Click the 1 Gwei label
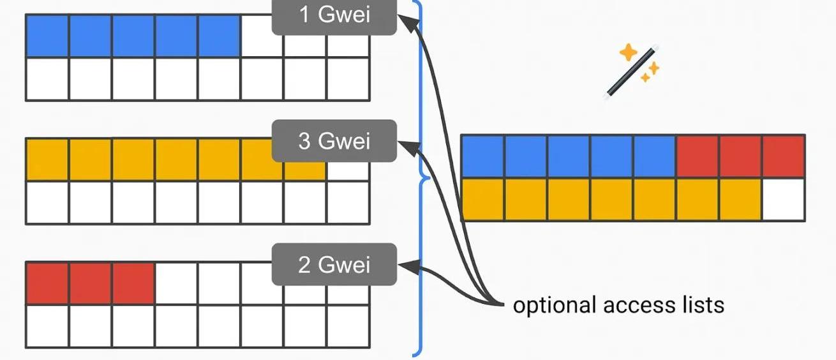(334, 15)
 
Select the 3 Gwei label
(334, 140)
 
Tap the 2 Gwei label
(334, 264)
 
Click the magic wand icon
(630, 71)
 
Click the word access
(638, 305)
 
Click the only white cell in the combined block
(783, 199)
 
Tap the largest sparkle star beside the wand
(629, 51)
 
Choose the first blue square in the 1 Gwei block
(47, 36)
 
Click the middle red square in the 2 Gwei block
(91, 282)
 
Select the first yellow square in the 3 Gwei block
(47, 159)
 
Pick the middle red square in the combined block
(740, 156)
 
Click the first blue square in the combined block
(482, 156)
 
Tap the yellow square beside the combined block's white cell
(740, 199)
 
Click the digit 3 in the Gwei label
(305, 140)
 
